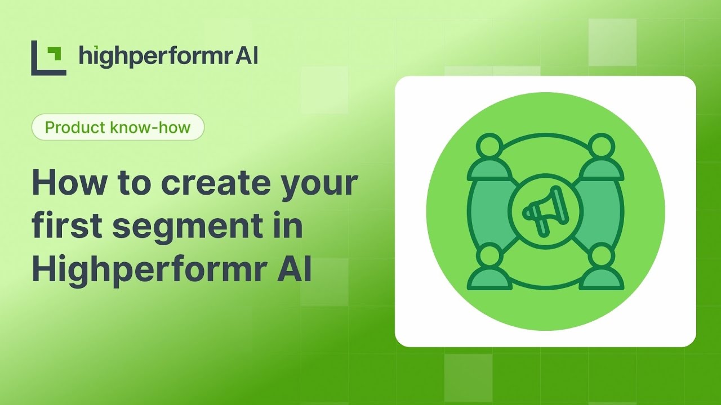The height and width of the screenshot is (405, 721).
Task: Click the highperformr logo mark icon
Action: [48, 57]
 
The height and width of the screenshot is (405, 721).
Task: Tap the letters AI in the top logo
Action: [247, 56]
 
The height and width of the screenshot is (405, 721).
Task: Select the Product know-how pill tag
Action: [118, 127]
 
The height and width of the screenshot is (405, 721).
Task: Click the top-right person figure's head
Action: [601, 146]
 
